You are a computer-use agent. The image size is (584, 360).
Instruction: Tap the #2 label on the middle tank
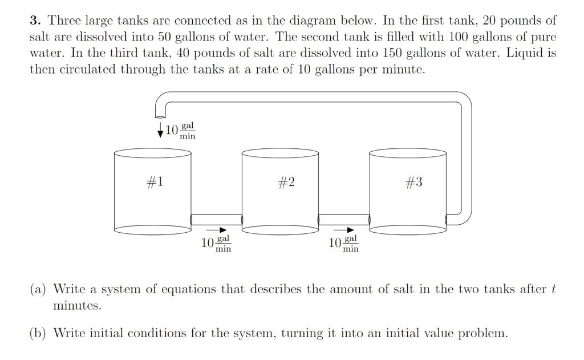tap(286, 182)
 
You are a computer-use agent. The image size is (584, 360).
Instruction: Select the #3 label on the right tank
tap(414, 182)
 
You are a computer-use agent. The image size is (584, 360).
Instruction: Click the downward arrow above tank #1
tap(160, 130)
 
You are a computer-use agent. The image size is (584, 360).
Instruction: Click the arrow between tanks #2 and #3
tap(348, 231)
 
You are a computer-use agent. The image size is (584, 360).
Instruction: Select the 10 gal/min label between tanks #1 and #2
tap(217, 244)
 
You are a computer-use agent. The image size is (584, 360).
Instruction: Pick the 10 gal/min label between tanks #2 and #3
tap(344, 244)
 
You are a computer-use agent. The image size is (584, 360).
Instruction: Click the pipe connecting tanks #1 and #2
tap(217, 220)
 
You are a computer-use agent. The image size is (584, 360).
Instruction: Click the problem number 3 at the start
tap(35, 21)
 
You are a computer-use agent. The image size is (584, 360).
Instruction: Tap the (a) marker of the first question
tap(38, 289)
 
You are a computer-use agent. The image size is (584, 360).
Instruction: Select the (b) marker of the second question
tap(39, 333)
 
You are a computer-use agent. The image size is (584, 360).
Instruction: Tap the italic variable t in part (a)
tap(553, 289)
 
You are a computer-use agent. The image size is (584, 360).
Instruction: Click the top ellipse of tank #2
tap(281, 152)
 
